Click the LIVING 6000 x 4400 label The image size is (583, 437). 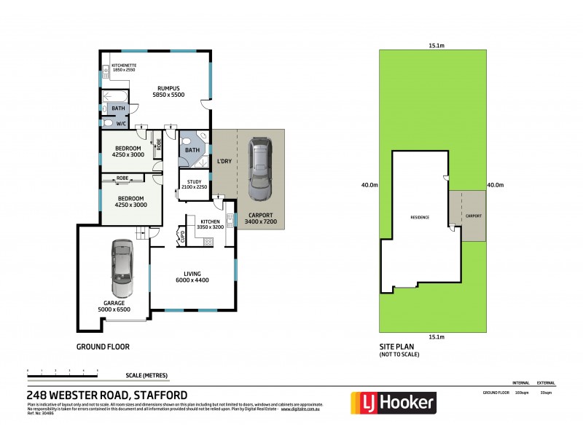click(192, 277)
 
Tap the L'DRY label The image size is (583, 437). click(224, 161)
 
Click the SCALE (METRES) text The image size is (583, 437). click(146, 376)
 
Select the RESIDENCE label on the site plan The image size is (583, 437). click(419, 217)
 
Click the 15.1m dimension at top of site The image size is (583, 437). click(436, 45)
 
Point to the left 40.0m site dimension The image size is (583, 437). click(369, 185)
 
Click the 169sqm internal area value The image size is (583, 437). click(520, 393)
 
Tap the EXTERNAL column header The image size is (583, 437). click(546, 383)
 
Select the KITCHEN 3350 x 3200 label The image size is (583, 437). click(210, 224)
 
